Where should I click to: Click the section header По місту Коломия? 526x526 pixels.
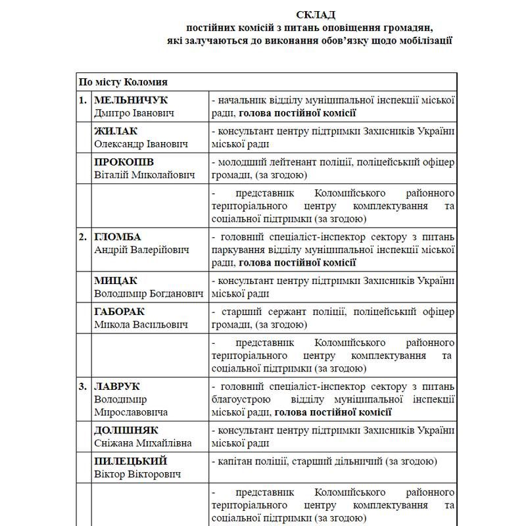123,82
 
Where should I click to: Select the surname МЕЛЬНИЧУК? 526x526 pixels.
131,100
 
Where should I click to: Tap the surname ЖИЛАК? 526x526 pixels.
116,131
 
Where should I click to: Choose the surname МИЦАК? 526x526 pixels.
116,281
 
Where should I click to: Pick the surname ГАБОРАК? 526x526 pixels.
120,312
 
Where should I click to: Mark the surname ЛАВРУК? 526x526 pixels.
118,387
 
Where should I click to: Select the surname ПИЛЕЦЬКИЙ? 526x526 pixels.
131,461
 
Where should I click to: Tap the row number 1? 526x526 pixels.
83,100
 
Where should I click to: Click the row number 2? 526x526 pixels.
83,237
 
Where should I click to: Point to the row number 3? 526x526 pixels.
83,387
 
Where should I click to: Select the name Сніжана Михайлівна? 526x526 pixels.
143,442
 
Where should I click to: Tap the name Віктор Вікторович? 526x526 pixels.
137,473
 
